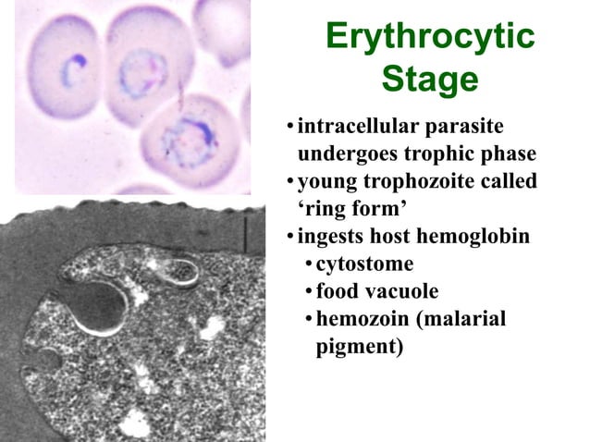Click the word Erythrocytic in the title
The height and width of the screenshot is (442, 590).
tap(430, 38)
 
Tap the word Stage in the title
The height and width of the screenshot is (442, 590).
tap(430, 80)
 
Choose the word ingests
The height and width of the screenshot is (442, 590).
tap(331, 238)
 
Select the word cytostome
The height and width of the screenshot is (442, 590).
tap(364, 264)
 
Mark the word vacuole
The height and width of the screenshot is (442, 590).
tap(401, 292)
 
